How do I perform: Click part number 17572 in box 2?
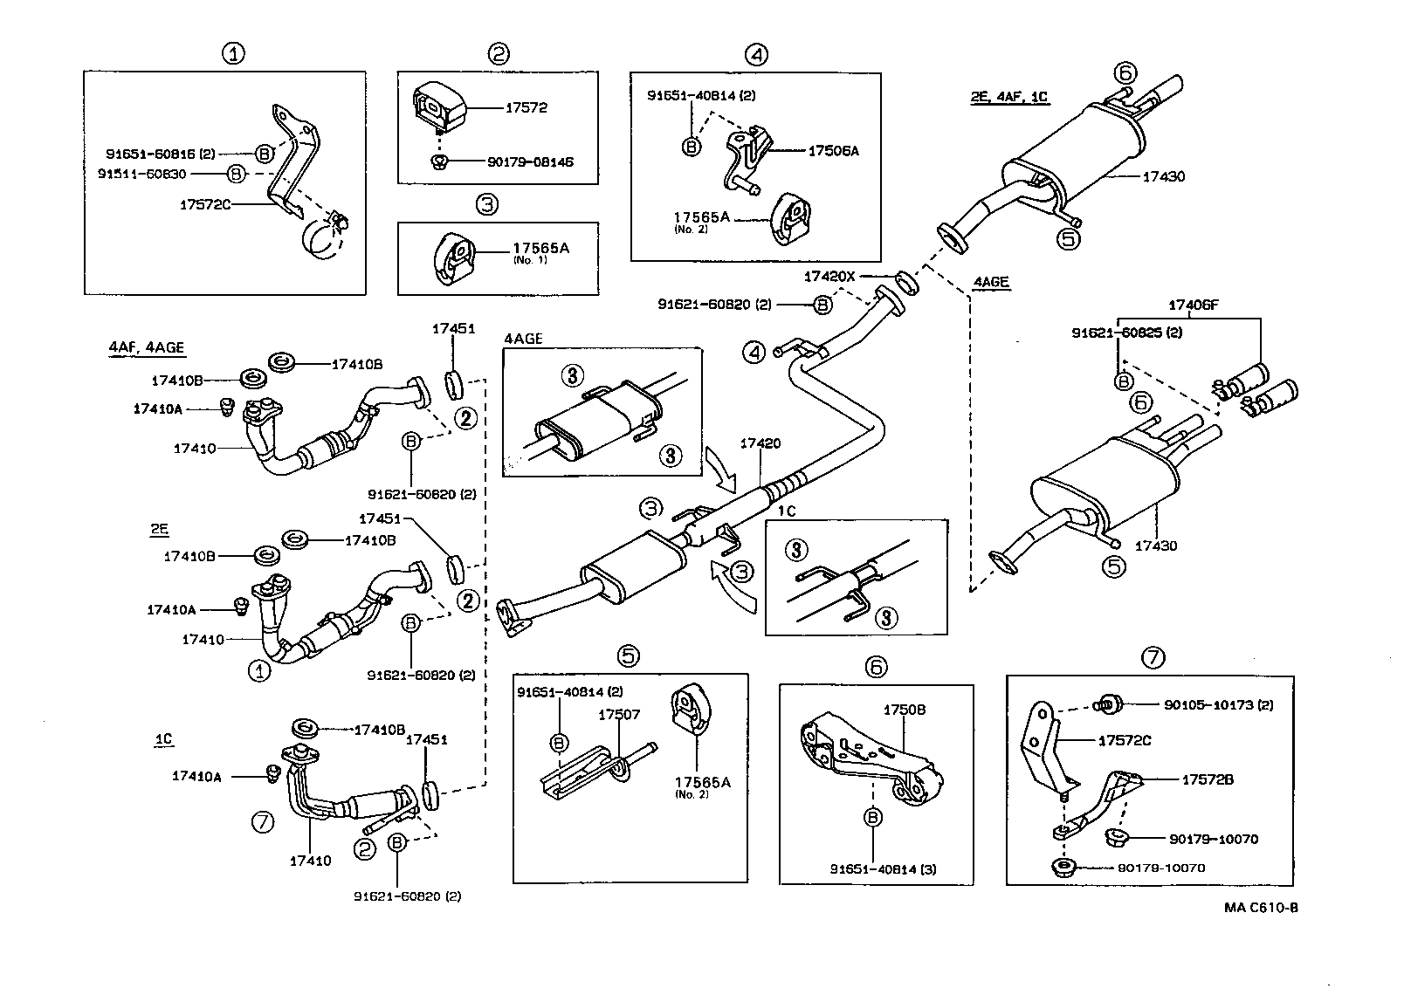[526, 108]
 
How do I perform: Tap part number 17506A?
[833, 151]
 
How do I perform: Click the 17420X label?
[829, 277]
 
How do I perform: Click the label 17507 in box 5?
[619, 714]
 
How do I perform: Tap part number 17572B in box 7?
[1208, 779]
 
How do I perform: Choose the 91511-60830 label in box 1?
[141, 174]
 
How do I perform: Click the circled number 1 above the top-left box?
[232, 54]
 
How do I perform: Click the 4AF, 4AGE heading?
[147, 347]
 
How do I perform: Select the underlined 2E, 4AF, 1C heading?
[1008, 98]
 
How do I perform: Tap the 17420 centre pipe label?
[760, 443]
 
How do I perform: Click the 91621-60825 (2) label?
[1127, 333]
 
